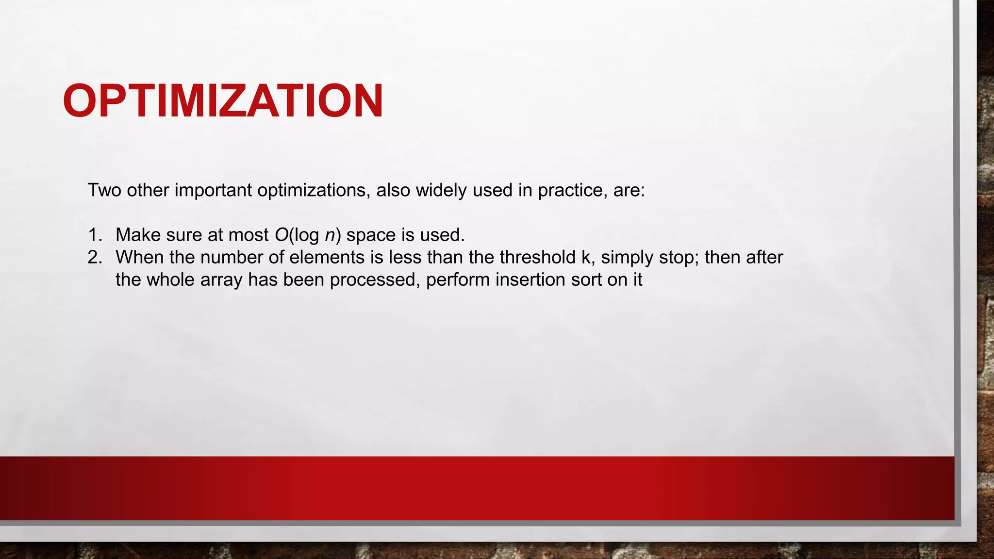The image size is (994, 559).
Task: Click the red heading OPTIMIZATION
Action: click(223, 101)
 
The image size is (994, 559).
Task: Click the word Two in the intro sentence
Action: click(104, 190)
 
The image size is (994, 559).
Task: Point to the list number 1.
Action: click(95, 235)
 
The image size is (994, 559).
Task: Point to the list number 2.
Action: click(95, 258)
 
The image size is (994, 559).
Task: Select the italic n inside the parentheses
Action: click(330, 235)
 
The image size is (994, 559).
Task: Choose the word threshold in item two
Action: click(537, 258)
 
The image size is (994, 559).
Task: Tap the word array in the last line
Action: click(221, 280)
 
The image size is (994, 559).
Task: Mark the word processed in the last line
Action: click(374, 280)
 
